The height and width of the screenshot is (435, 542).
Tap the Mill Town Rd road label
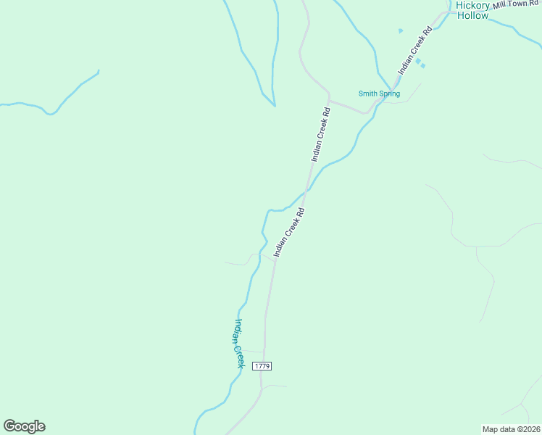[517, 5]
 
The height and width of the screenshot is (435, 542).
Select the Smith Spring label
[379, 94]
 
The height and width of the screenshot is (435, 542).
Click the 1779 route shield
[262, 366]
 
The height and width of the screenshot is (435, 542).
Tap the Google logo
[24, 426]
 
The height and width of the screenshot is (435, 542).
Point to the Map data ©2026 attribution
[511, 428]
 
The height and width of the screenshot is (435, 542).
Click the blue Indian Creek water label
[238, 344]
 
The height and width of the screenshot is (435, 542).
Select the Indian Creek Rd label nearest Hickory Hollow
[415, 51]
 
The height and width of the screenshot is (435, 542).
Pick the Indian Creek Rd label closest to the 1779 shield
[288, 232]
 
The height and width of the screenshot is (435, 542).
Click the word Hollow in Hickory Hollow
[472, 14]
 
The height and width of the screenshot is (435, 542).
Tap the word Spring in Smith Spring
[389, 94]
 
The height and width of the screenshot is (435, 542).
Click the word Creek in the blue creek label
[240, 355]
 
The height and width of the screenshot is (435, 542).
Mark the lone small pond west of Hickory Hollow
[400, 30]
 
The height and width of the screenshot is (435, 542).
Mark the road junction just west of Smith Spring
[330, 100]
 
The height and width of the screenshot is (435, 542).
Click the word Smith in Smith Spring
[368, 94]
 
